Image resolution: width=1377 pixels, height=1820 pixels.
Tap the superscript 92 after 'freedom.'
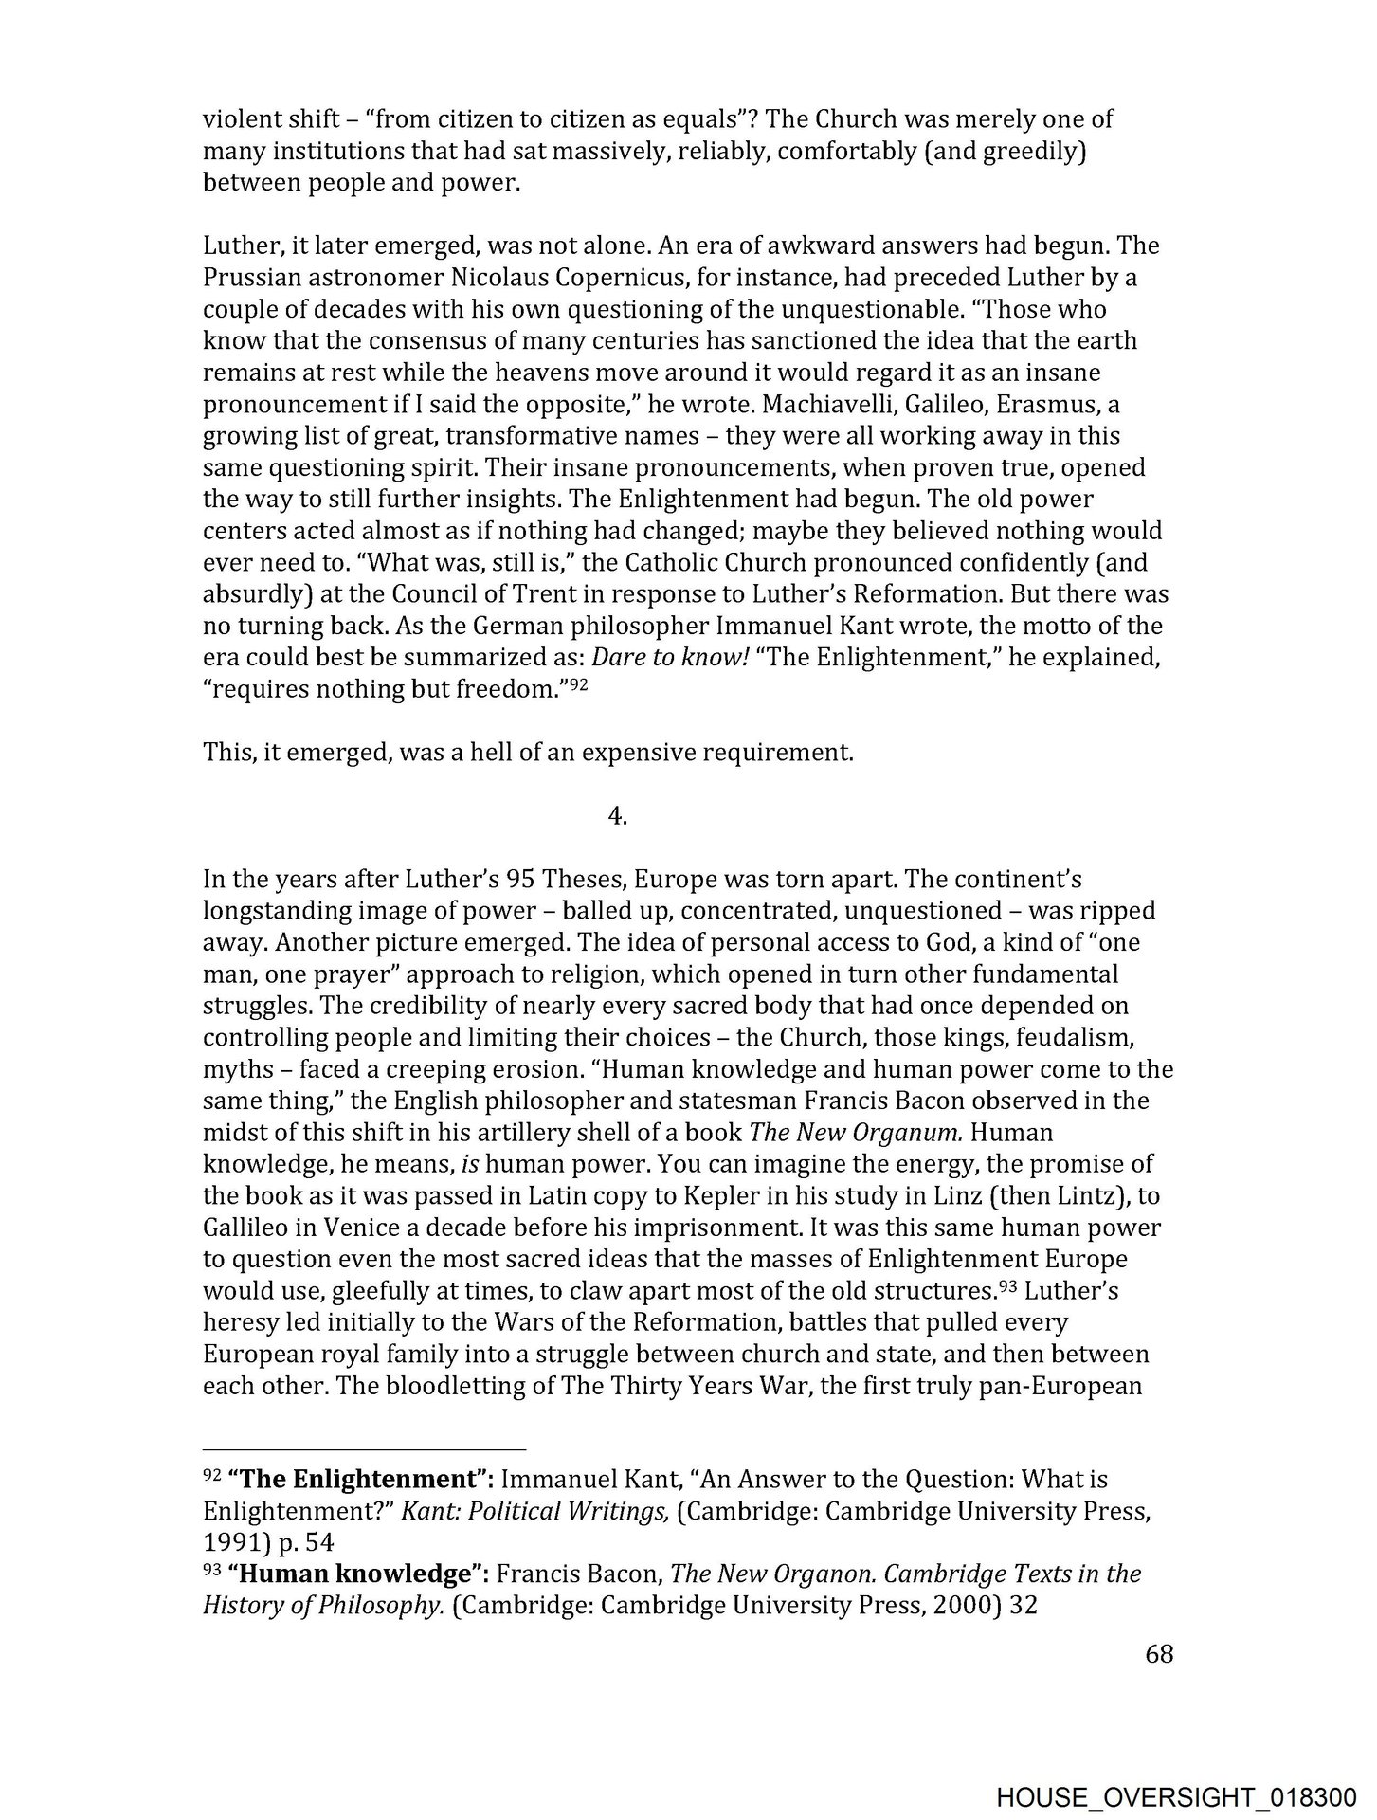point(579,684)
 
